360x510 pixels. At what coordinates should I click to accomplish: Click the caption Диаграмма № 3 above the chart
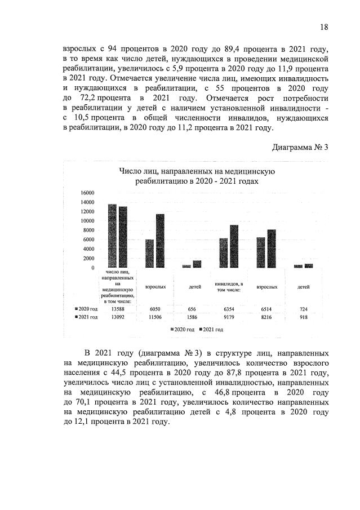point(300,148)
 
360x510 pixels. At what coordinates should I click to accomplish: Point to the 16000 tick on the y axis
point(87,193)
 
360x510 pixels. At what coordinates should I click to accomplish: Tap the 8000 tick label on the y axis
point(88,230)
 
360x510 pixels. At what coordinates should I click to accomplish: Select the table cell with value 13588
point(118,309)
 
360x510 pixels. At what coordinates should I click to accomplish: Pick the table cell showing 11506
point(155,317)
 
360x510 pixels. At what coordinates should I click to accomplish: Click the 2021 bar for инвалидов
point(234,246)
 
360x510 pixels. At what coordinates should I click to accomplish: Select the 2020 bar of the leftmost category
point(112,236)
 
